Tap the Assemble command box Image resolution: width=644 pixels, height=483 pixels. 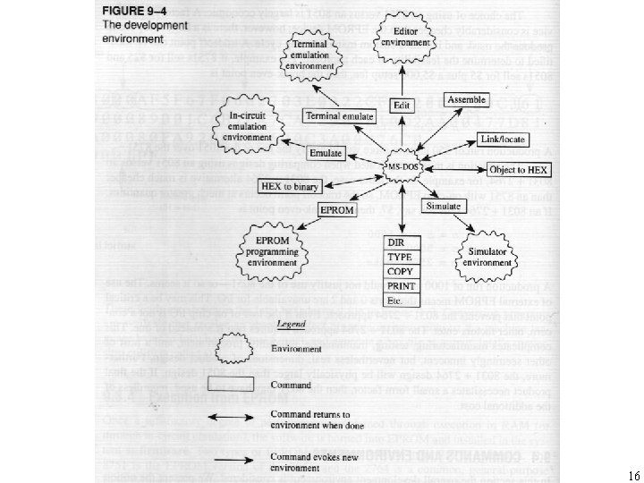coord(466,99)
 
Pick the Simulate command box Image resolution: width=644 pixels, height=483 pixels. coord(443,207)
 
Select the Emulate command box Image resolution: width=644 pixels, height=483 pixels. coord(326,153)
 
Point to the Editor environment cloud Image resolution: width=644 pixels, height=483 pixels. coord(402,39)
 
